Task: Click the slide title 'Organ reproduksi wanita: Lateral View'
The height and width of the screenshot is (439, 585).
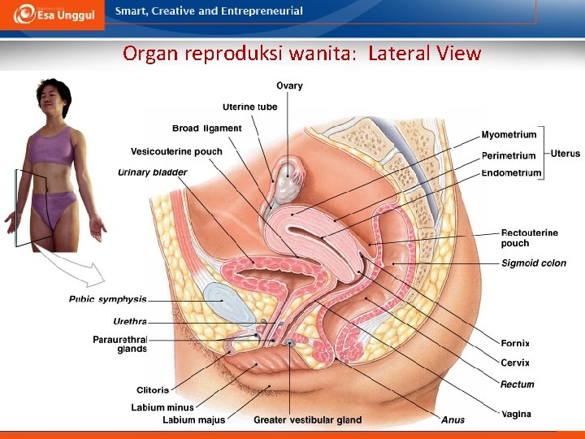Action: coord(301,54)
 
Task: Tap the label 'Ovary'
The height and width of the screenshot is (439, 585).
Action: coord(289,85)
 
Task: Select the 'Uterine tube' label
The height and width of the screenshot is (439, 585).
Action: coord(249,106)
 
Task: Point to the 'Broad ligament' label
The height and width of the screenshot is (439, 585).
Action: coord(206,128)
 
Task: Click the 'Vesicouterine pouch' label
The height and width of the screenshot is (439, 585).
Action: coord(176,150)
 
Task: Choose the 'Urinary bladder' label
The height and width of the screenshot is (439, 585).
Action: coord(152,172)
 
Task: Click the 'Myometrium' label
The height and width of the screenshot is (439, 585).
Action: coord(509,135)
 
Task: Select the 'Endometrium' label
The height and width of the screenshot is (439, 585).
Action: coord(511,172)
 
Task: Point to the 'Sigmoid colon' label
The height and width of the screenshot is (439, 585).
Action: coord(534,263)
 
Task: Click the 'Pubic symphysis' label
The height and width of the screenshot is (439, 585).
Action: coord(107,299)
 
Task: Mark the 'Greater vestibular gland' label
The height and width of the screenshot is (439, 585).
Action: coord(307,420)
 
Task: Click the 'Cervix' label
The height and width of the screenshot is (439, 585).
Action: coord(515,363)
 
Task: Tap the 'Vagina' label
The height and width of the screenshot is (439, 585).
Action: coord(516,415)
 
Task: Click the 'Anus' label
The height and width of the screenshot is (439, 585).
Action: coord(453,420)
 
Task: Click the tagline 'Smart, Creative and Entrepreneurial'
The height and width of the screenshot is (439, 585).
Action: coord(209,11)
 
